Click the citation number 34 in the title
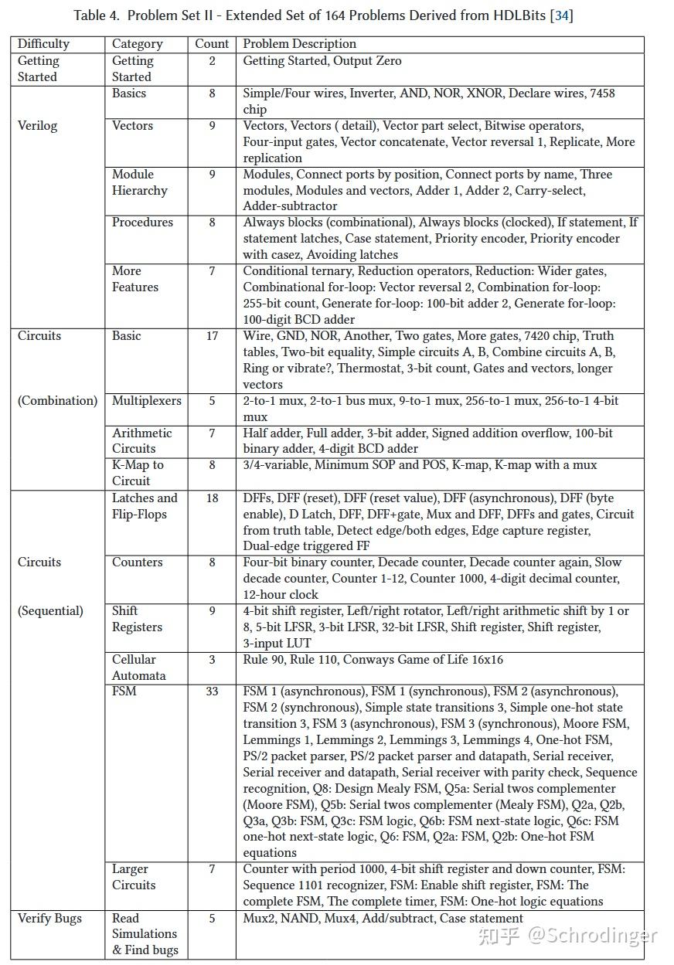click(562, 15)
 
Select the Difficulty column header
click(43, 44)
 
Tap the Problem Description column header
click(299, 44)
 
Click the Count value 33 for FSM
click(212, 691)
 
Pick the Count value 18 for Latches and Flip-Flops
click(212, 498)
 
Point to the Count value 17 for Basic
click(212, 336)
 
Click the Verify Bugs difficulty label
click(49, 919)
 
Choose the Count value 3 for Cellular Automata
click(212, 660)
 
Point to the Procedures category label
click(142, 223)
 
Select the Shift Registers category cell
click(137, 619)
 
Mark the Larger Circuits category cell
click(134, 877)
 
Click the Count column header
click(212, 44)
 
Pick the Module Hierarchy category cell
click(139, 182)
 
